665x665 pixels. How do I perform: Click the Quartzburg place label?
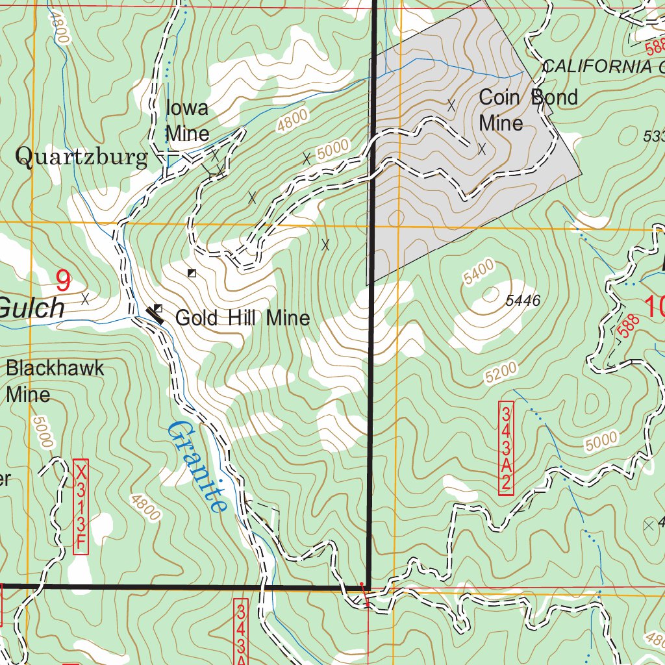pyautogui.click(x=82, y=157)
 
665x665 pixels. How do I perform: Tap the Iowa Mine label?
pyautogui.click(x=188, y=121)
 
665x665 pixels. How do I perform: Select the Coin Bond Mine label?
pyautogui.click(x=527, y=110)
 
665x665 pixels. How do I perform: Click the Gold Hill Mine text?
pyautogui.click(x=242, y=318)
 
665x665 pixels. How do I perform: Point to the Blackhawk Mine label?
pyautogui.click(x=55, y=381)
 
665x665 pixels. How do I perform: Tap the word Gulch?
pyautogui.click(x=32, y=308)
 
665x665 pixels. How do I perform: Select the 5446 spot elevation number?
pyautogui.click(x=523, y=300)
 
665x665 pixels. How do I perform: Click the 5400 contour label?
pyautogui.click(x=480, y=271)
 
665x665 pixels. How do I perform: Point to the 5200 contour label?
pyautogui.click(x=501, y=372)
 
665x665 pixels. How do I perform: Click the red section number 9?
pyautogui.click(x=63, y=281)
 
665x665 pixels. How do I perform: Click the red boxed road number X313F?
pyautogui.click(x=81, y=508)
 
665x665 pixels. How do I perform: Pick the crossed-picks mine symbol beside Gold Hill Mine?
pyautogui.click(x=155, y=314)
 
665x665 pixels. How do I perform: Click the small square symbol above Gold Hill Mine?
pyautogui.click(x=192, y=273)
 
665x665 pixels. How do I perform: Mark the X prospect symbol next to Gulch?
pyautogui.click(x=85, y=299)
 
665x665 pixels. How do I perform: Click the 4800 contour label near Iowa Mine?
pyautogui.click(x=292, y=121)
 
